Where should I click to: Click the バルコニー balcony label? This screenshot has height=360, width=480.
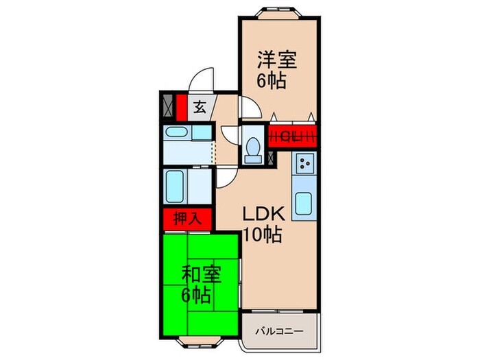280,331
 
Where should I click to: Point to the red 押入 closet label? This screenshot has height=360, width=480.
186,220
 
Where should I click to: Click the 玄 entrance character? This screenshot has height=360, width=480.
200,108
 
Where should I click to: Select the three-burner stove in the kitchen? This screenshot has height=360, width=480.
304,165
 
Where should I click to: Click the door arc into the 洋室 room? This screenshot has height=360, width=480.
248,107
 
